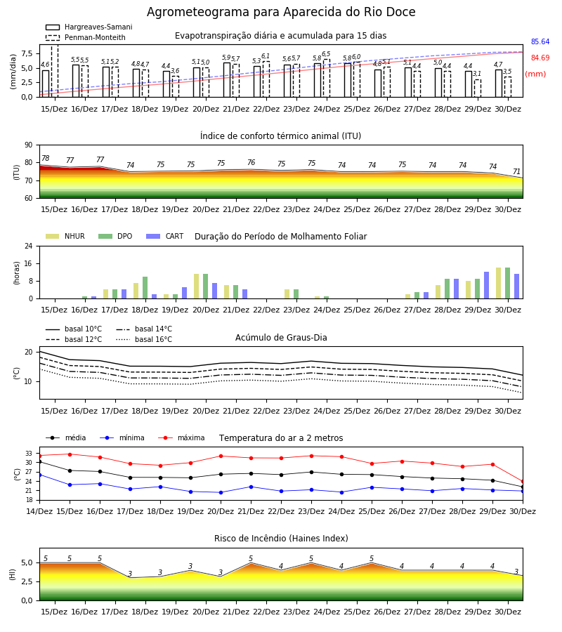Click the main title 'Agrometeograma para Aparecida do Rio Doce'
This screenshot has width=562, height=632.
point(281,12)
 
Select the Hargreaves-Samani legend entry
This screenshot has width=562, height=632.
point(89,27)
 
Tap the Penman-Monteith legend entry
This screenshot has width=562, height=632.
point(86,37)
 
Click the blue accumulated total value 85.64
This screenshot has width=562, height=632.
point(540,42)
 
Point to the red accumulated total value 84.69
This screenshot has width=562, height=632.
point(540,58)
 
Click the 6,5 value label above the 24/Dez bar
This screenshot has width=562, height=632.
point(326,54)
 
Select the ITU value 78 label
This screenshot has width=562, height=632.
point(45,159)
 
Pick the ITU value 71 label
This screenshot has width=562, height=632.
point(516,172)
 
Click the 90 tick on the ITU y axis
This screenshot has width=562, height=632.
point(29,145)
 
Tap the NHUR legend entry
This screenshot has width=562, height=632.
point(65,236)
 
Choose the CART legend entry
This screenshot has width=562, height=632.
point(165,236)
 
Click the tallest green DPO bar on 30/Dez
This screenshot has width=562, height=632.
point(508,283)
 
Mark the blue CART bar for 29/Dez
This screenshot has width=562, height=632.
point(487,285)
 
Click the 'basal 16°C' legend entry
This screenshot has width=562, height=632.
point(144,339)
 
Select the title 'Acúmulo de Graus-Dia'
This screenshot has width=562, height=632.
point(281,338)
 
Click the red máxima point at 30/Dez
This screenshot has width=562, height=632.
point(523,482)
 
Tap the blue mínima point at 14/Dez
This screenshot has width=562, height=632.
point(39,475)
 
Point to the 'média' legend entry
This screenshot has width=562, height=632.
point(66,437)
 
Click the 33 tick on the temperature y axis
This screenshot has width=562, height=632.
point(29,454)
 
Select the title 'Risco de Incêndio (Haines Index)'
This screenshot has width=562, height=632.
point(281,539)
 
